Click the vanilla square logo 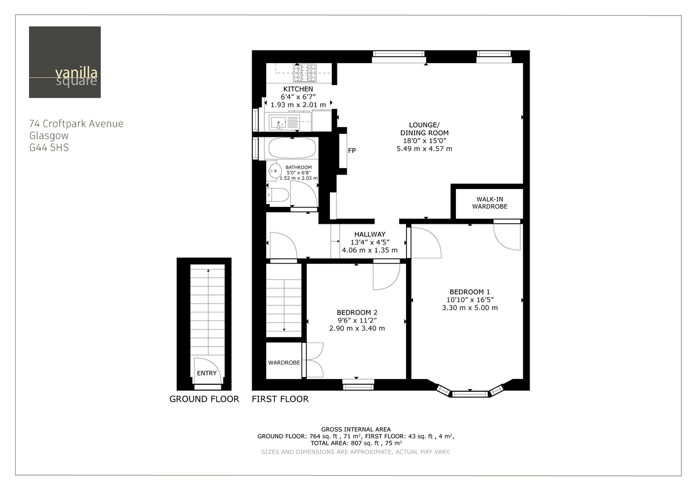pyautogui.click(x=64, y=62)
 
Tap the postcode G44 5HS pyautogui.click(x=49, y=147)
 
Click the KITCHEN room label pyautogui.click(x=298, y=89)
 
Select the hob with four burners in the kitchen pyautogui.click(x=305, y=72)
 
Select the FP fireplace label pyautogui.click(x=351, y=151)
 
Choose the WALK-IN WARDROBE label pyautogui.click(x=489, y=203)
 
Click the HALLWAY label pyautogui.click(x=369, y=234)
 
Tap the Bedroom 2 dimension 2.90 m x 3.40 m pyautogui.click(x=357, y=328)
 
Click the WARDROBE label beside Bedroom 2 pyautogui.click(x=284, y=363)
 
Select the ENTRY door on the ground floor pyautogui.click(x=206, y=373)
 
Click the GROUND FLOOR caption pyautogui.click(x=204, y=399)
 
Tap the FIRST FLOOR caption pyautogui.click(x=280, y=399)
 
